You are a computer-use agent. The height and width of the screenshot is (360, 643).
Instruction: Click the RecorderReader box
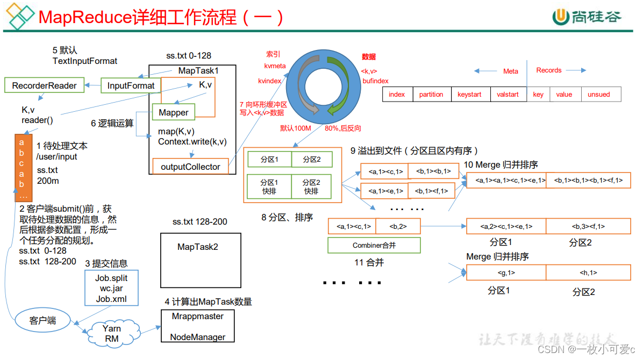44,85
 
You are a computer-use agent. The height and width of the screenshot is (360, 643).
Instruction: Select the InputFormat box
131,85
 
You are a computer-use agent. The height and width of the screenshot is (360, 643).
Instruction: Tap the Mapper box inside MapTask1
173,112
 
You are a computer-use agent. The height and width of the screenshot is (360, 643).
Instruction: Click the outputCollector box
190,167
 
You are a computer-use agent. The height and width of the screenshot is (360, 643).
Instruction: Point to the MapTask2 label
198,247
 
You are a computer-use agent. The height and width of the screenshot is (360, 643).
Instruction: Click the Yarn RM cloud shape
111,333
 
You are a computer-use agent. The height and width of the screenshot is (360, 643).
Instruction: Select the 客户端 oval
42,321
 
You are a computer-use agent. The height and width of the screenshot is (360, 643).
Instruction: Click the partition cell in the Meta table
431,95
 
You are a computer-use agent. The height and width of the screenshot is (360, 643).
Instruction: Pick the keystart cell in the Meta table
469,95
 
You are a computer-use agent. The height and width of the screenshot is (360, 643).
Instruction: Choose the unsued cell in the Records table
598,95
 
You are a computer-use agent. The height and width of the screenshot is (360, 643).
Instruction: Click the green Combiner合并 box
374,246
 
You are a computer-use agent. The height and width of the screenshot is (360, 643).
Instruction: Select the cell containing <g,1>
506,273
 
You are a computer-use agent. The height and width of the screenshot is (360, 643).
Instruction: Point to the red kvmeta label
275,66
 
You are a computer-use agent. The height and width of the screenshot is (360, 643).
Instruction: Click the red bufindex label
375,81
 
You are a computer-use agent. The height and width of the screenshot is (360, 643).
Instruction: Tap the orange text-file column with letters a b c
22,167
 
